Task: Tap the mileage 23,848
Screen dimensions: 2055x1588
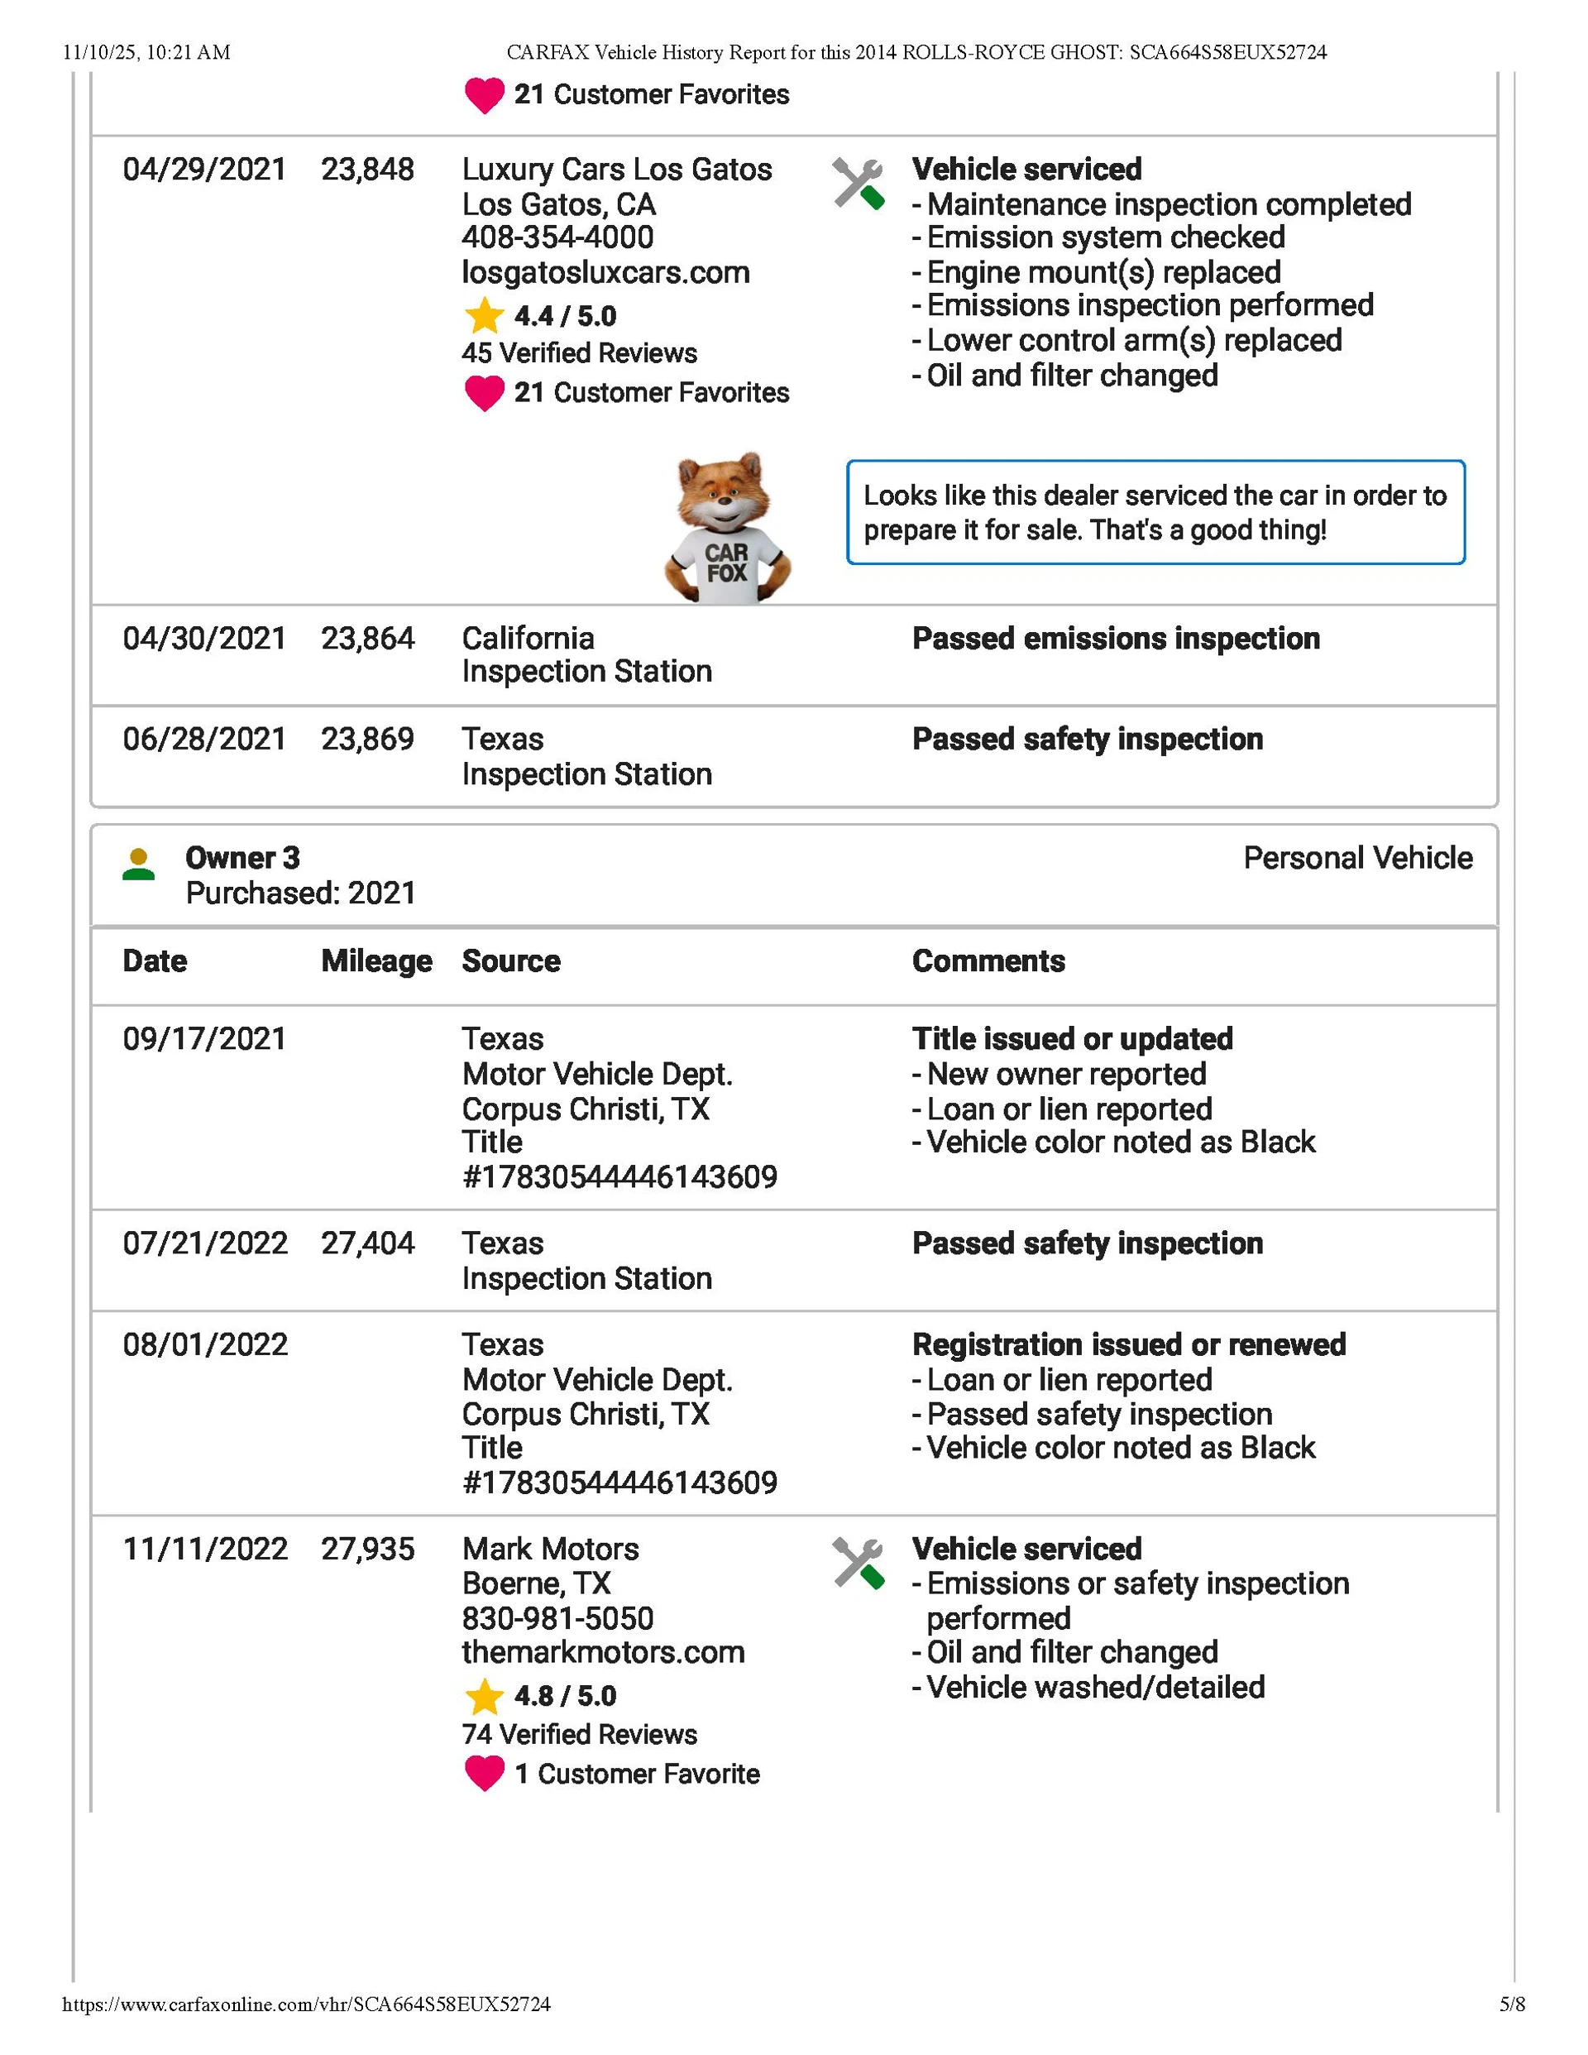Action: [x=367, y=170]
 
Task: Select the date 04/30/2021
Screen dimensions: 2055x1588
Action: [x=204, y=639]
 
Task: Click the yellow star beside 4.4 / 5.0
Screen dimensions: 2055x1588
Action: [x=485, y=316]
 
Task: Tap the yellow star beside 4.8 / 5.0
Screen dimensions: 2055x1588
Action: [x=485, y=1697]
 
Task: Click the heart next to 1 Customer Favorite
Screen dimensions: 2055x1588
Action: [x=485, y=1774]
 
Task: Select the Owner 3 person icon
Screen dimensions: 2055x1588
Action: [x=138, y=864]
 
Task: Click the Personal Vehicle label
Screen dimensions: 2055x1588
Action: [x=1357, y=858]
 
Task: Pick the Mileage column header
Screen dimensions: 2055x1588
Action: [x=376, y=960]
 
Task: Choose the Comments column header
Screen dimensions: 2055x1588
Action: [x=988, y=960]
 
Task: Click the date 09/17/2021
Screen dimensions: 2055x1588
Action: [x=204, y=1039]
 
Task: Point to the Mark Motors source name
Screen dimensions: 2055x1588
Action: [x=550, y=1549]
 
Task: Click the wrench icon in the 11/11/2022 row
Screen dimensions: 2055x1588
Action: [x=858, y=1564]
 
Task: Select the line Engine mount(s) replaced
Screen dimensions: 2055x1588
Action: [x=1103, y=272]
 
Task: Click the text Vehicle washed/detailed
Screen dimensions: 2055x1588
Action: [x=1095, y=1687]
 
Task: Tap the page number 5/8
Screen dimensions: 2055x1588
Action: [x=1512, y=2005]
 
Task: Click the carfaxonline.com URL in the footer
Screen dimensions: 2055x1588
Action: [x=306, y=2005]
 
